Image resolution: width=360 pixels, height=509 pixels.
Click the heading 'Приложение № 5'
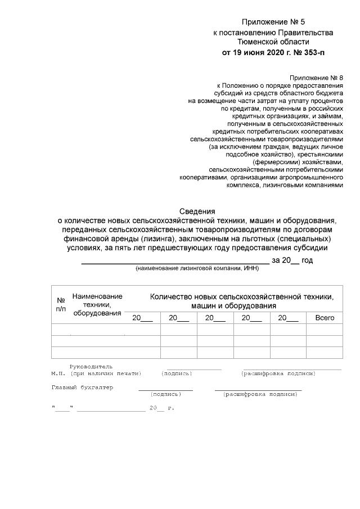click(273, 22)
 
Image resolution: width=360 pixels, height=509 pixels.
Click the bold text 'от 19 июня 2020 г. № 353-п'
click(273, 52)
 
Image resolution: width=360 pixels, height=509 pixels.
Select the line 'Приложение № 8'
click(316, 76)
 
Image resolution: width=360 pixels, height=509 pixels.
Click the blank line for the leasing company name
click(175, 261)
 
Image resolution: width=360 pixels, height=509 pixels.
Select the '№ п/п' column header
click(61, 304)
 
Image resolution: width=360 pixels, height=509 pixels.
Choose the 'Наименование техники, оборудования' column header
click(97, 304)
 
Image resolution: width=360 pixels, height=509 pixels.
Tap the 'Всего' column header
click(325, 318)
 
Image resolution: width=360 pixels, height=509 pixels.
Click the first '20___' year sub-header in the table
click(142, 318)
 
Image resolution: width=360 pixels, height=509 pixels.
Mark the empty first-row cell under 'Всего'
click(325, 330)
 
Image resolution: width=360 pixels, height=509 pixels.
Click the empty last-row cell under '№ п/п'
click(61, 353)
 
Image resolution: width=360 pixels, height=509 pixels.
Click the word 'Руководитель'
click(87, 366)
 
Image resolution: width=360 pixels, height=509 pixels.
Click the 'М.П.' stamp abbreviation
click(57, 373)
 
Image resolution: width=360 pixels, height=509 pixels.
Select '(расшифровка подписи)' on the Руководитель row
click(278, 373)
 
